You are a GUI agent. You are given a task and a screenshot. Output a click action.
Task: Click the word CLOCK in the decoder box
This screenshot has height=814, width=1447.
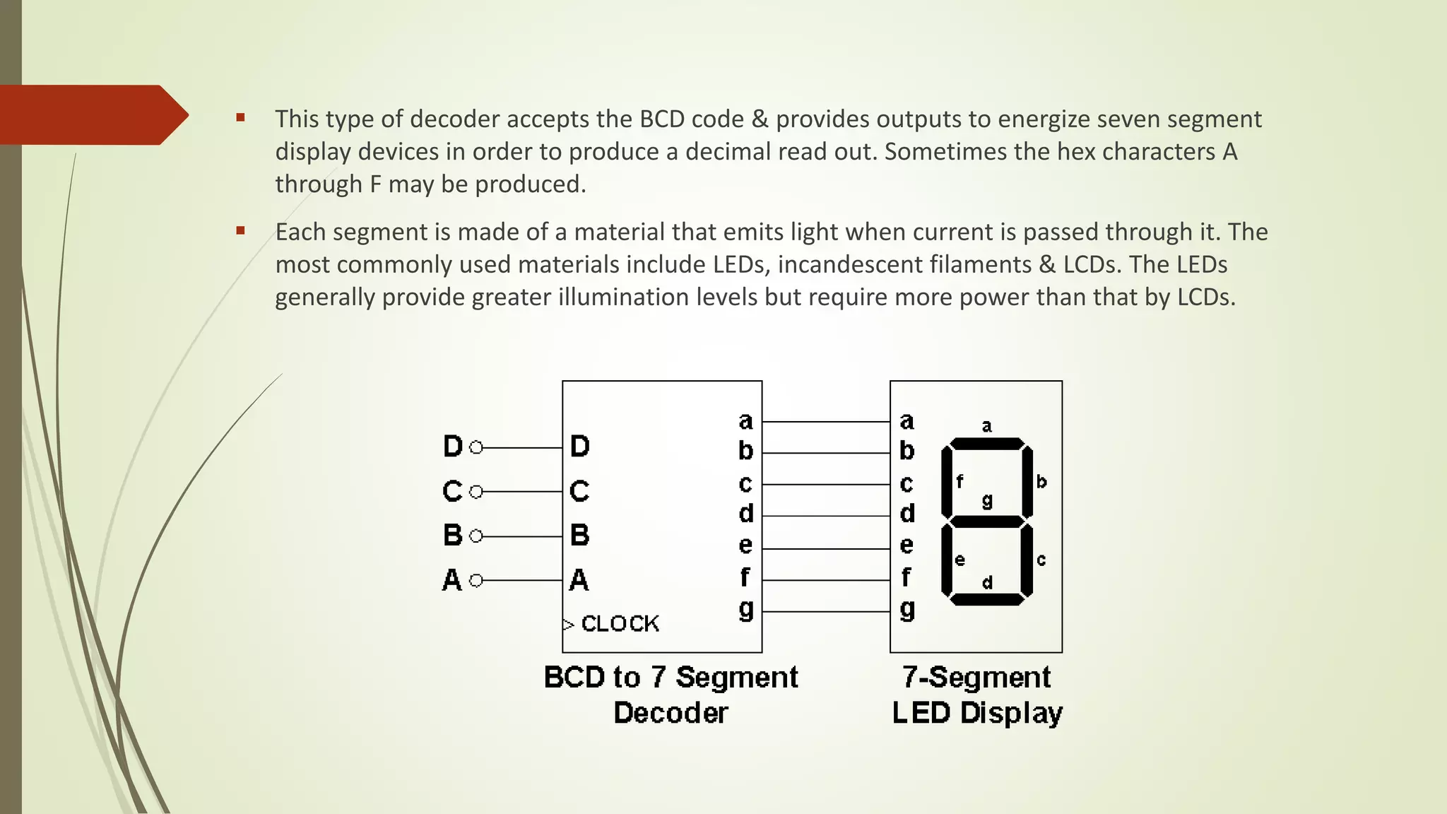tap(620, 623)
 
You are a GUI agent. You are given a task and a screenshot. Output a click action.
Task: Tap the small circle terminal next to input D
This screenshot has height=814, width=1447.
tap(476, 447)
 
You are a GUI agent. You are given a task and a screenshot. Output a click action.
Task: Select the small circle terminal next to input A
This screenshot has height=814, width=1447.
tap(476, 580)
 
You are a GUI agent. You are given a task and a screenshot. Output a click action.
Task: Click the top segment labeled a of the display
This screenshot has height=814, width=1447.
tap(987, 444)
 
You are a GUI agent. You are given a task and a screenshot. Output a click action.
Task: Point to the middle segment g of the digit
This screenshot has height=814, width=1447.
tap(987, 521)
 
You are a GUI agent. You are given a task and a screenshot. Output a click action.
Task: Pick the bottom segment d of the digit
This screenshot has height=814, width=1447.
tap(987, 599)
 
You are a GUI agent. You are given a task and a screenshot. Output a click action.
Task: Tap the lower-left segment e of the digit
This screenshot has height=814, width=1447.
tap(947, 560)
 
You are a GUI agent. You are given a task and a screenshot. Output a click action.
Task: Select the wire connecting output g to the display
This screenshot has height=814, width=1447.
tap(825, 611)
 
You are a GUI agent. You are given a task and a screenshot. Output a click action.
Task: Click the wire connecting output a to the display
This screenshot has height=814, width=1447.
tap(825, 422)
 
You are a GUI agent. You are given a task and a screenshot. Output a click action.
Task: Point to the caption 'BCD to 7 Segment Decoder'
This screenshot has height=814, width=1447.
tap(671, 695)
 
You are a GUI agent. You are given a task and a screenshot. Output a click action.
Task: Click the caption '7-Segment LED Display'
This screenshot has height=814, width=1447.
tap(976, 695)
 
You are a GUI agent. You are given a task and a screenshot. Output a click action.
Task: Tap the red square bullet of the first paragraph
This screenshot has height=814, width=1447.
tap(241, 118)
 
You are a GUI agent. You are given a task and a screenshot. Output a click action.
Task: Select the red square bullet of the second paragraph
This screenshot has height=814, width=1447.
tap(241, 230)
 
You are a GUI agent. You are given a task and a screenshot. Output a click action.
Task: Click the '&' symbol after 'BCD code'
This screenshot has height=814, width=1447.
tap(760, 119)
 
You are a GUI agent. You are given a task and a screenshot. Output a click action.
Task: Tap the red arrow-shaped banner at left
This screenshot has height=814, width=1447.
tap(92, 114)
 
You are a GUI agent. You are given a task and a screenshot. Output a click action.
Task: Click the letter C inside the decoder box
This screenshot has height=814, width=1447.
tap(579, 491)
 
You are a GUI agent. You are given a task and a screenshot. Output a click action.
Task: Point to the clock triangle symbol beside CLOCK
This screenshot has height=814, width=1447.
tap(568, 625)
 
